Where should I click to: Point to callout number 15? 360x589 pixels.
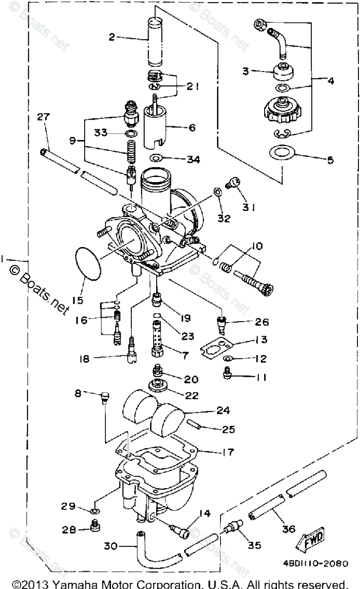[78, 300]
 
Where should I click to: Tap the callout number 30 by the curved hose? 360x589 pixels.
[111, 546]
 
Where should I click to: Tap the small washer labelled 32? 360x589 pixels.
[218, 192]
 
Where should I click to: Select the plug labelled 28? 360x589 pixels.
[93, 529]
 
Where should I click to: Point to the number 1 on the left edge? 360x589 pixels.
[4, 259]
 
